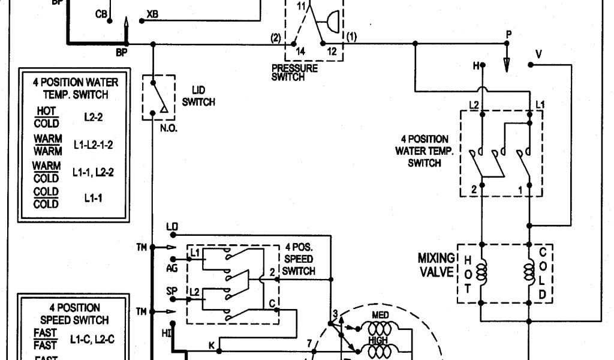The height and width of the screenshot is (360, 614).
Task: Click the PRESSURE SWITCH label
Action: [x=294, y=73]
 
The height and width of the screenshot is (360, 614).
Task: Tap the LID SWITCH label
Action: [x=198, y=97]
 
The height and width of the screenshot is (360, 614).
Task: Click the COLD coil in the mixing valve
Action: [x=530, y=273]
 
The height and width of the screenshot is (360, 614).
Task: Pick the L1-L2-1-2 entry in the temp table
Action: [x=94, y=145]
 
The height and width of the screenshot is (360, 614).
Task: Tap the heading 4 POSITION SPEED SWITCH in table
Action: [x=75, y=314]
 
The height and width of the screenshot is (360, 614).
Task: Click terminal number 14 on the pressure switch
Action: [x=300, y=52]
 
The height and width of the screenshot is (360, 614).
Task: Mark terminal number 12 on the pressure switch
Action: [x=332, y=52]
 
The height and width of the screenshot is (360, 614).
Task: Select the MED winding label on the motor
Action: [x=380, y=316]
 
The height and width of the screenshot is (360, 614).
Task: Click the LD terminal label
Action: [x=172, y=226]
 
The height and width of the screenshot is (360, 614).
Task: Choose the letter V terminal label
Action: [x=538, y=54]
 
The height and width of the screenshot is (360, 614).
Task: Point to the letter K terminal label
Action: [x=211, y=345]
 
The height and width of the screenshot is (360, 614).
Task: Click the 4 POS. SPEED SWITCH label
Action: [x=299, y=259]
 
